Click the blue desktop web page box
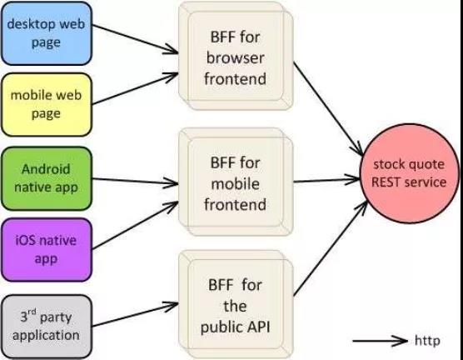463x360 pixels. point(47,33)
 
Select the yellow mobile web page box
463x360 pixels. point(47,105)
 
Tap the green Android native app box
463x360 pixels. point(47,178)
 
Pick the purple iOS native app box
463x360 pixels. point(47,250)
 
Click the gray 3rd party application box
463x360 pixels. point(47,327)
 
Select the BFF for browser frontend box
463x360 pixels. point(236,56)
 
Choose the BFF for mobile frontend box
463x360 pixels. point(236,182)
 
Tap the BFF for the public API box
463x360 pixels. point(236,305)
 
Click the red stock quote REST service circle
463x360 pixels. point(409,173)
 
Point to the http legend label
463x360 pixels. point(427,340)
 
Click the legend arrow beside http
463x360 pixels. point(381,341)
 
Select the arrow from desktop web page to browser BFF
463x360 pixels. point(135,39)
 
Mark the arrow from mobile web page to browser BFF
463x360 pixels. point(135,88)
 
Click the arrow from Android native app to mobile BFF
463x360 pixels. point(135,181)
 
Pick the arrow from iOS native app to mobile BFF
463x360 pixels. point(135,225)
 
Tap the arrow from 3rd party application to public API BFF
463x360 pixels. point(135,314)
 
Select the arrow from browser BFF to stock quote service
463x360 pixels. point(329,109)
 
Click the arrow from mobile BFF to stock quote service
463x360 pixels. point(326,180)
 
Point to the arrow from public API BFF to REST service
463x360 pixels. point(331,247)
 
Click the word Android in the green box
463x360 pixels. point(46,169)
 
